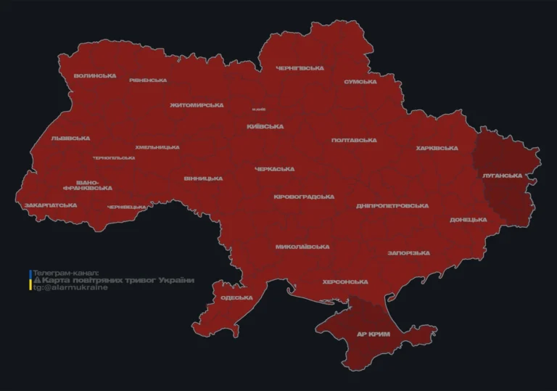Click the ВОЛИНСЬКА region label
[x=95, y=75]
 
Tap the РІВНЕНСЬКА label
[x=148, y=81]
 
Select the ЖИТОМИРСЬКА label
[x=197, y=105]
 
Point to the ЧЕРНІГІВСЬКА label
[x=300, y=68]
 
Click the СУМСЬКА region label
[x=360, y=82]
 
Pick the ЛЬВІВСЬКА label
[x=70, y=138]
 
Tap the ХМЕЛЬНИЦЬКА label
[x=157, y=147]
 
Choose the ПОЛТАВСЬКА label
[x=354, y=140]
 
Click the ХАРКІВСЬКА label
[x=437, y=148]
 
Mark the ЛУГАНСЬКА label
[x=502, y=176]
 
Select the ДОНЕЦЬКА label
[x=469, y=220]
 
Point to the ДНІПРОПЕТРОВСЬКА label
[x=392, y=206]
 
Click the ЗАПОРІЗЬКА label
[x=409, y=253]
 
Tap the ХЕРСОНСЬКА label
[x=345, y=281]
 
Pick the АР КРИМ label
[x=374, y=334]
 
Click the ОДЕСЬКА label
[x=236, y=297]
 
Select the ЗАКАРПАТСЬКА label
[x=51, y=205]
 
